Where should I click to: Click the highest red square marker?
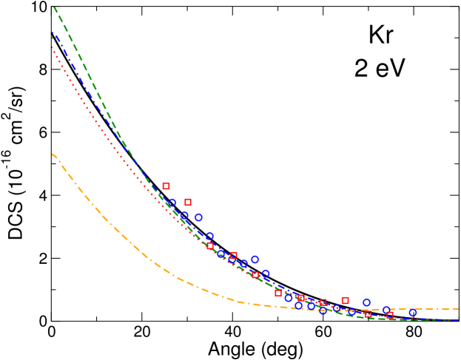pos(166,186)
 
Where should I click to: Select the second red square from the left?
pos(188,202)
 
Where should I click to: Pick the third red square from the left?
pos(210,245)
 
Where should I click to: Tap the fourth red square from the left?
pos(233,255)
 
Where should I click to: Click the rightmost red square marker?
pos(390,315)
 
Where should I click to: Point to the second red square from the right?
pos(368,313)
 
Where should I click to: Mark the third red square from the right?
pos(345,300)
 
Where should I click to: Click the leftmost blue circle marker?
pos(172,203)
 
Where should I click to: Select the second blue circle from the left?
pos(184,215)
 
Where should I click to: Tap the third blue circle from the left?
pos(198,217)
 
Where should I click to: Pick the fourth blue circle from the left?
pos(209,237)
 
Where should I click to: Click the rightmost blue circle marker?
pos(413,313)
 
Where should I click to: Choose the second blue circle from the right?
pos(386,310)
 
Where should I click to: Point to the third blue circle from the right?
pos(366,302)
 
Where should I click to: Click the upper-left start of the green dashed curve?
pos(54,7)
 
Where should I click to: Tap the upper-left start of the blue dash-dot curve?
pos(53,32)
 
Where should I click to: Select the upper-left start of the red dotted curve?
pos(52,47)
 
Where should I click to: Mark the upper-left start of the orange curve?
pos(53,154)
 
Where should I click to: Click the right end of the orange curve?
pos(458,308)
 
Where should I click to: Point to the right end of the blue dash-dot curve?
pos(458,319)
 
